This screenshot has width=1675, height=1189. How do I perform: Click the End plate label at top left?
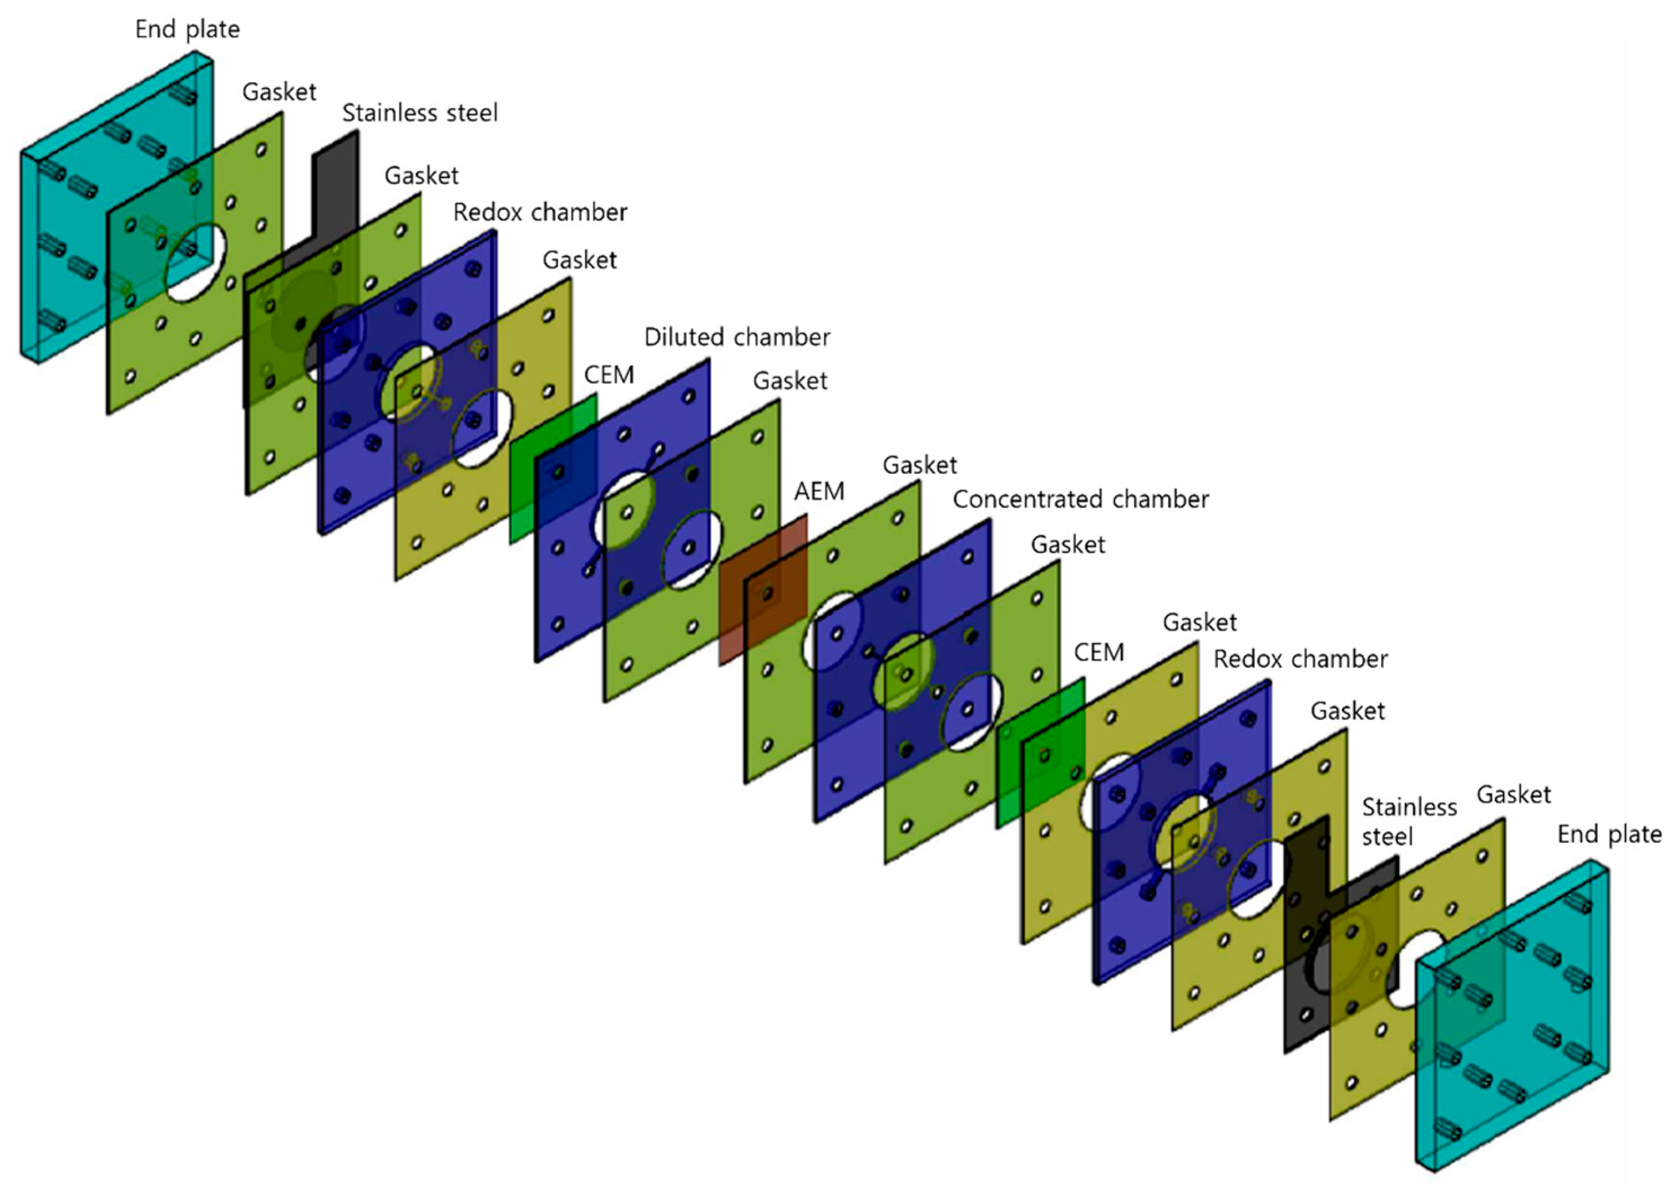tap(188, 30)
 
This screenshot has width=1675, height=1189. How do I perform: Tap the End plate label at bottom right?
tap(1608, 834)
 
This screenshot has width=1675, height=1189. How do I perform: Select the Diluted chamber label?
tap(737, 338)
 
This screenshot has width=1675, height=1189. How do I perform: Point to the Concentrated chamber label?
tap(1080, 499)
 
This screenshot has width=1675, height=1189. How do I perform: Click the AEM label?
tap(819, 491)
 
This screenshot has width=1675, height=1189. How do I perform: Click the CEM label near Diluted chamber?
tap(609, 375)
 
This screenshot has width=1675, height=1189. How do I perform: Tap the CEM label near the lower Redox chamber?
tap(1099, 653)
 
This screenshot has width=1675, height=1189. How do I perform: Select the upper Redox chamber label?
tap(540, 212)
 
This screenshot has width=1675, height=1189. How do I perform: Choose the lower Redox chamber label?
tap(1300, 660)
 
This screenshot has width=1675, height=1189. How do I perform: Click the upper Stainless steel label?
tap(419, 113)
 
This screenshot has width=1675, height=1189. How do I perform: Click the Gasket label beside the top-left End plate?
tap(279, 92)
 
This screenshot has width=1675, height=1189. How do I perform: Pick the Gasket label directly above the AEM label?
tap(920, 465)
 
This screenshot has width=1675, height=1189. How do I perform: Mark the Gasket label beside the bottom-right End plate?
tap(1513, 795)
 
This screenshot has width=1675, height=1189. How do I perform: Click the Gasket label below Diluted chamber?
tap(789, 381)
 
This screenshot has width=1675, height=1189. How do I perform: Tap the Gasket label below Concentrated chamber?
tap(1068, 545)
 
